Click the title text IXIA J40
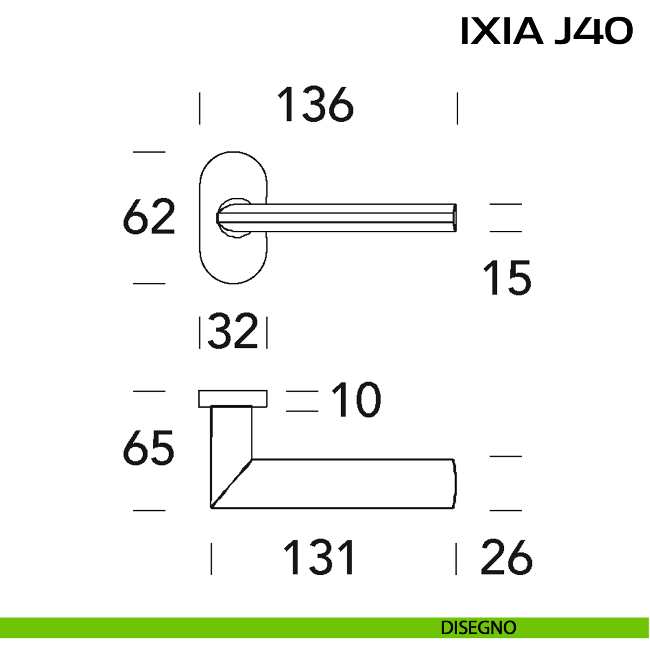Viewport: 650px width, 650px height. click(x=547, y=31)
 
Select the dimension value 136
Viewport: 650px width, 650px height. click(x=315, y=105)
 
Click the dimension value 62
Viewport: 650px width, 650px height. click(x=149, y=217)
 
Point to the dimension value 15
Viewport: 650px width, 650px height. click(x=507, y=278)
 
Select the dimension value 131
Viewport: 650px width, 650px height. click(x=319, y=557)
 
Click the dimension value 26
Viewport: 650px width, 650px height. click(x=506, y=557)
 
